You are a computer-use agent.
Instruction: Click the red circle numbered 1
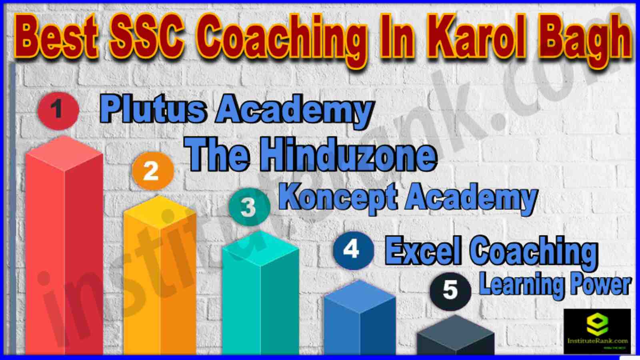[58, 111]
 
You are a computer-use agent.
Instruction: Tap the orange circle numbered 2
[153, 171]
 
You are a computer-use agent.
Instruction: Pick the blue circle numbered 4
[354, 250]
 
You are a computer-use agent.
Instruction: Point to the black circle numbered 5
[450, 291]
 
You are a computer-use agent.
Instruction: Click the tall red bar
[64, 246]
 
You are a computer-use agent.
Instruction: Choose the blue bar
[360, 318]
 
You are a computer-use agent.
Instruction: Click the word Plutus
[153, 110]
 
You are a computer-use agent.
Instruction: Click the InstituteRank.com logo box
[597, 331]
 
